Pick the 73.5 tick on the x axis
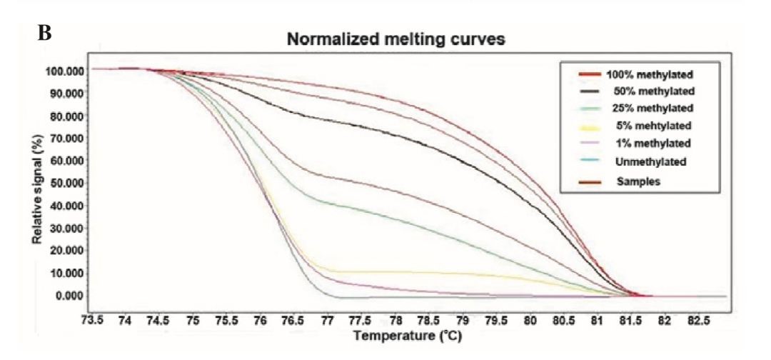click(x=92, y=319)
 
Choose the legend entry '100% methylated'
click(x=650, y=74)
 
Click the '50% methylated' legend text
click(x=653, y=91)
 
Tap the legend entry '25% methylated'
click(x=653, y=109)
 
